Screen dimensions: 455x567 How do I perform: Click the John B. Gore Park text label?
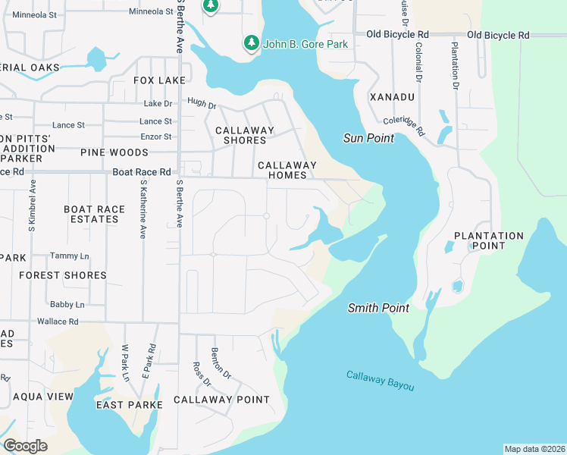305,44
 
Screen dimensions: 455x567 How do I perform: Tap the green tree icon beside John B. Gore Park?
251,44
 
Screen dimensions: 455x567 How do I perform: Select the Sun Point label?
368,138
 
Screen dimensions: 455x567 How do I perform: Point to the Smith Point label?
378,308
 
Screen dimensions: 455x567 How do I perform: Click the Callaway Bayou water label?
381,381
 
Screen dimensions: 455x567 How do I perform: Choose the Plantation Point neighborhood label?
489,241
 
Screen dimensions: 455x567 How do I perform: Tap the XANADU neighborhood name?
392,97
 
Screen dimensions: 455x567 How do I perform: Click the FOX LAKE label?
159,80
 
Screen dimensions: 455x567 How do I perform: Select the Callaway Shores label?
244,135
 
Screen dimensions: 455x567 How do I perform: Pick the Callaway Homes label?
287,170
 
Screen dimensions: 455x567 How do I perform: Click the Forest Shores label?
63,275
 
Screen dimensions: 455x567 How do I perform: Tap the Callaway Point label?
221,400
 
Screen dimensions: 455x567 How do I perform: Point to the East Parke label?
129,405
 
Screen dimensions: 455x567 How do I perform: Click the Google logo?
25,446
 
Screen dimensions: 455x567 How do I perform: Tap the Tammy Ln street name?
69,256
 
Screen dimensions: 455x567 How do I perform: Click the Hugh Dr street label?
202,102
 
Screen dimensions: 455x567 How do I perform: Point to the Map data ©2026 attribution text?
534,449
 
